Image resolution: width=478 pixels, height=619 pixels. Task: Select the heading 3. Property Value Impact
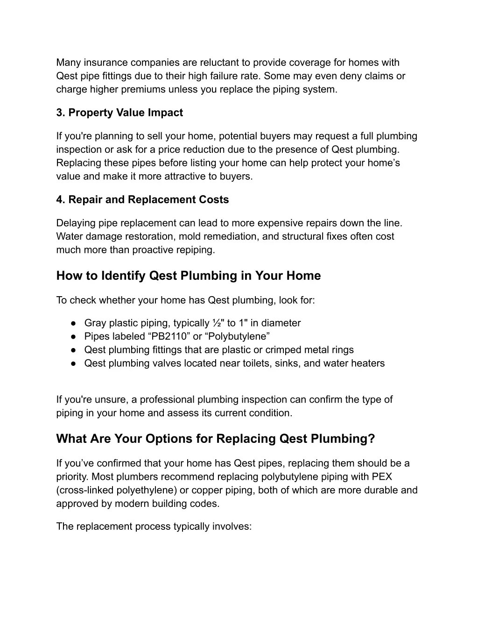tap(119, 113)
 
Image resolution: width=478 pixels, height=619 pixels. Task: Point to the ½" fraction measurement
tap(218, 323)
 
